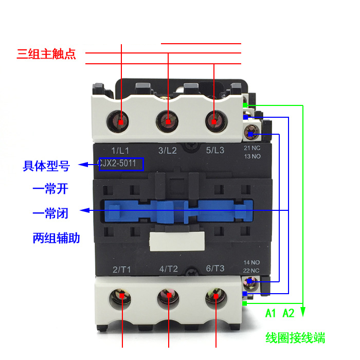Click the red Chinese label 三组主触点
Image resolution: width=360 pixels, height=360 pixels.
tap(46, 54)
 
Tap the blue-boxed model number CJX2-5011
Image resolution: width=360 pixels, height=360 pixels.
tap(121, 164)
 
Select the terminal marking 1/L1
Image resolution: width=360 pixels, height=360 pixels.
tap(120, 150)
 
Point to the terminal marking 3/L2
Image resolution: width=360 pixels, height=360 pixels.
tap(168, 150)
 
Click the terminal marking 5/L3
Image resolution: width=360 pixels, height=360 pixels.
tap(215, 150)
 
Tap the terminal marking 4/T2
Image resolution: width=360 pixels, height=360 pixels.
tap(169, 269)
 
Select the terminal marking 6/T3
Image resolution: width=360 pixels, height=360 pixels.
tap(215, 268)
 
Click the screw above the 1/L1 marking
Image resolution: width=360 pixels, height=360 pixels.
tap(121, 122)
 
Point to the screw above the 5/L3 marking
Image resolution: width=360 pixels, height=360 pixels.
tap(213, 122)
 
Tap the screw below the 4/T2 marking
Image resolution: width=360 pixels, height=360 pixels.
tap(168, 297)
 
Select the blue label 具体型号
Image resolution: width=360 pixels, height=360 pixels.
tap(46, 166)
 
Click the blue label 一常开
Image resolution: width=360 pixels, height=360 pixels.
tap(50, 189)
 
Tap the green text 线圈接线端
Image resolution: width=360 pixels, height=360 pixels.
tap(295, 338)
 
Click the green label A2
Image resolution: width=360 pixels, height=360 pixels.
tap(289, 313)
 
